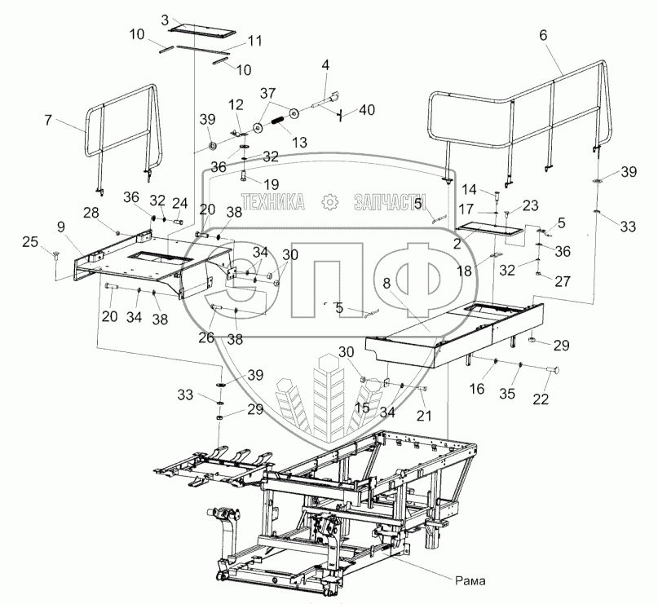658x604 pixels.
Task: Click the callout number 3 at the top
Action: click(166, 19)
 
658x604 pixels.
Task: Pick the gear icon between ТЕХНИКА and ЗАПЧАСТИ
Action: click(329, 201)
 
